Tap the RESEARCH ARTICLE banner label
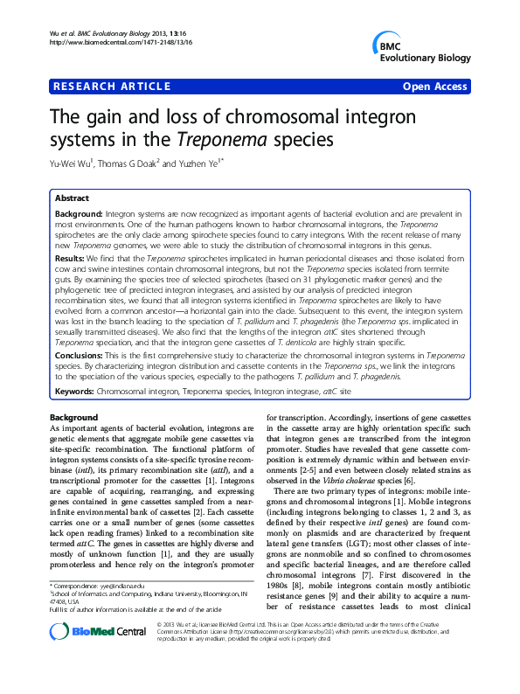tap(113, 87)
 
